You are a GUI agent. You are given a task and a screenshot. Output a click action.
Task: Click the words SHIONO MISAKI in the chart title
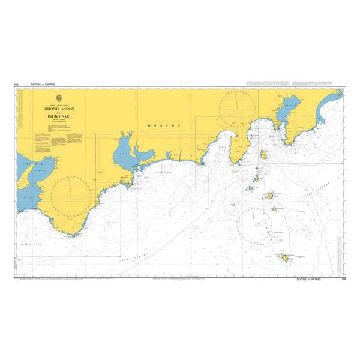pyautogui.click(x=59, y=109)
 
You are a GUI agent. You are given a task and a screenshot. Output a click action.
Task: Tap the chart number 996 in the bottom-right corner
pyautogui.click(x=343, y=280)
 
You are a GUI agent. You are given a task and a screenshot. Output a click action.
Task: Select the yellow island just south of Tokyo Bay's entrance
pyautogui.click(x=263, y=155)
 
